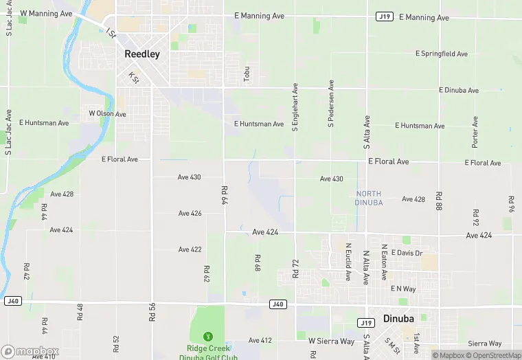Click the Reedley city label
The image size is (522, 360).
[142, 54]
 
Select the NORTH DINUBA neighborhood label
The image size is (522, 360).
[369, 198]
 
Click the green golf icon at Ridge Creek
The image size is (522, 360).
[206, 336]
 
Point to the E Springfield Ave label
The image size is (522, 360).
[442, 54]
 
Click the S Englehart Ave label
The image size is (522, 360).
[295, 108]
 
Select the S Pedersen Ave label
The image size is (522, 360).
[331, 104]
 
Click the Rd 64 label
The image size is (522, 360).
[224, 195]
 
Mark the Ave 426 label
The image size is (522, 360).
[190, 213]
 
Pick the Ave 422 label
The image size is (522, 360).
[190, 249]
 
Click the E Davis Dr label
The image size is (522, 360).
[407, 253]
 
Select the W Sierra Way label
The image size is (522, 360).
[331, 341]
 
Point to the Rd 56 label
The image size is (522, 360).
[152, 312]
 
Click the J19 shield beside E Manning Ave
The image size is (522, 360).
[385, 16]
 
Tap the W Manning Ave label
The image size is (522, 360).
[47, 13]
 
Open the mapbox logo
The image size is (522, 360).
[29, 351]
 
